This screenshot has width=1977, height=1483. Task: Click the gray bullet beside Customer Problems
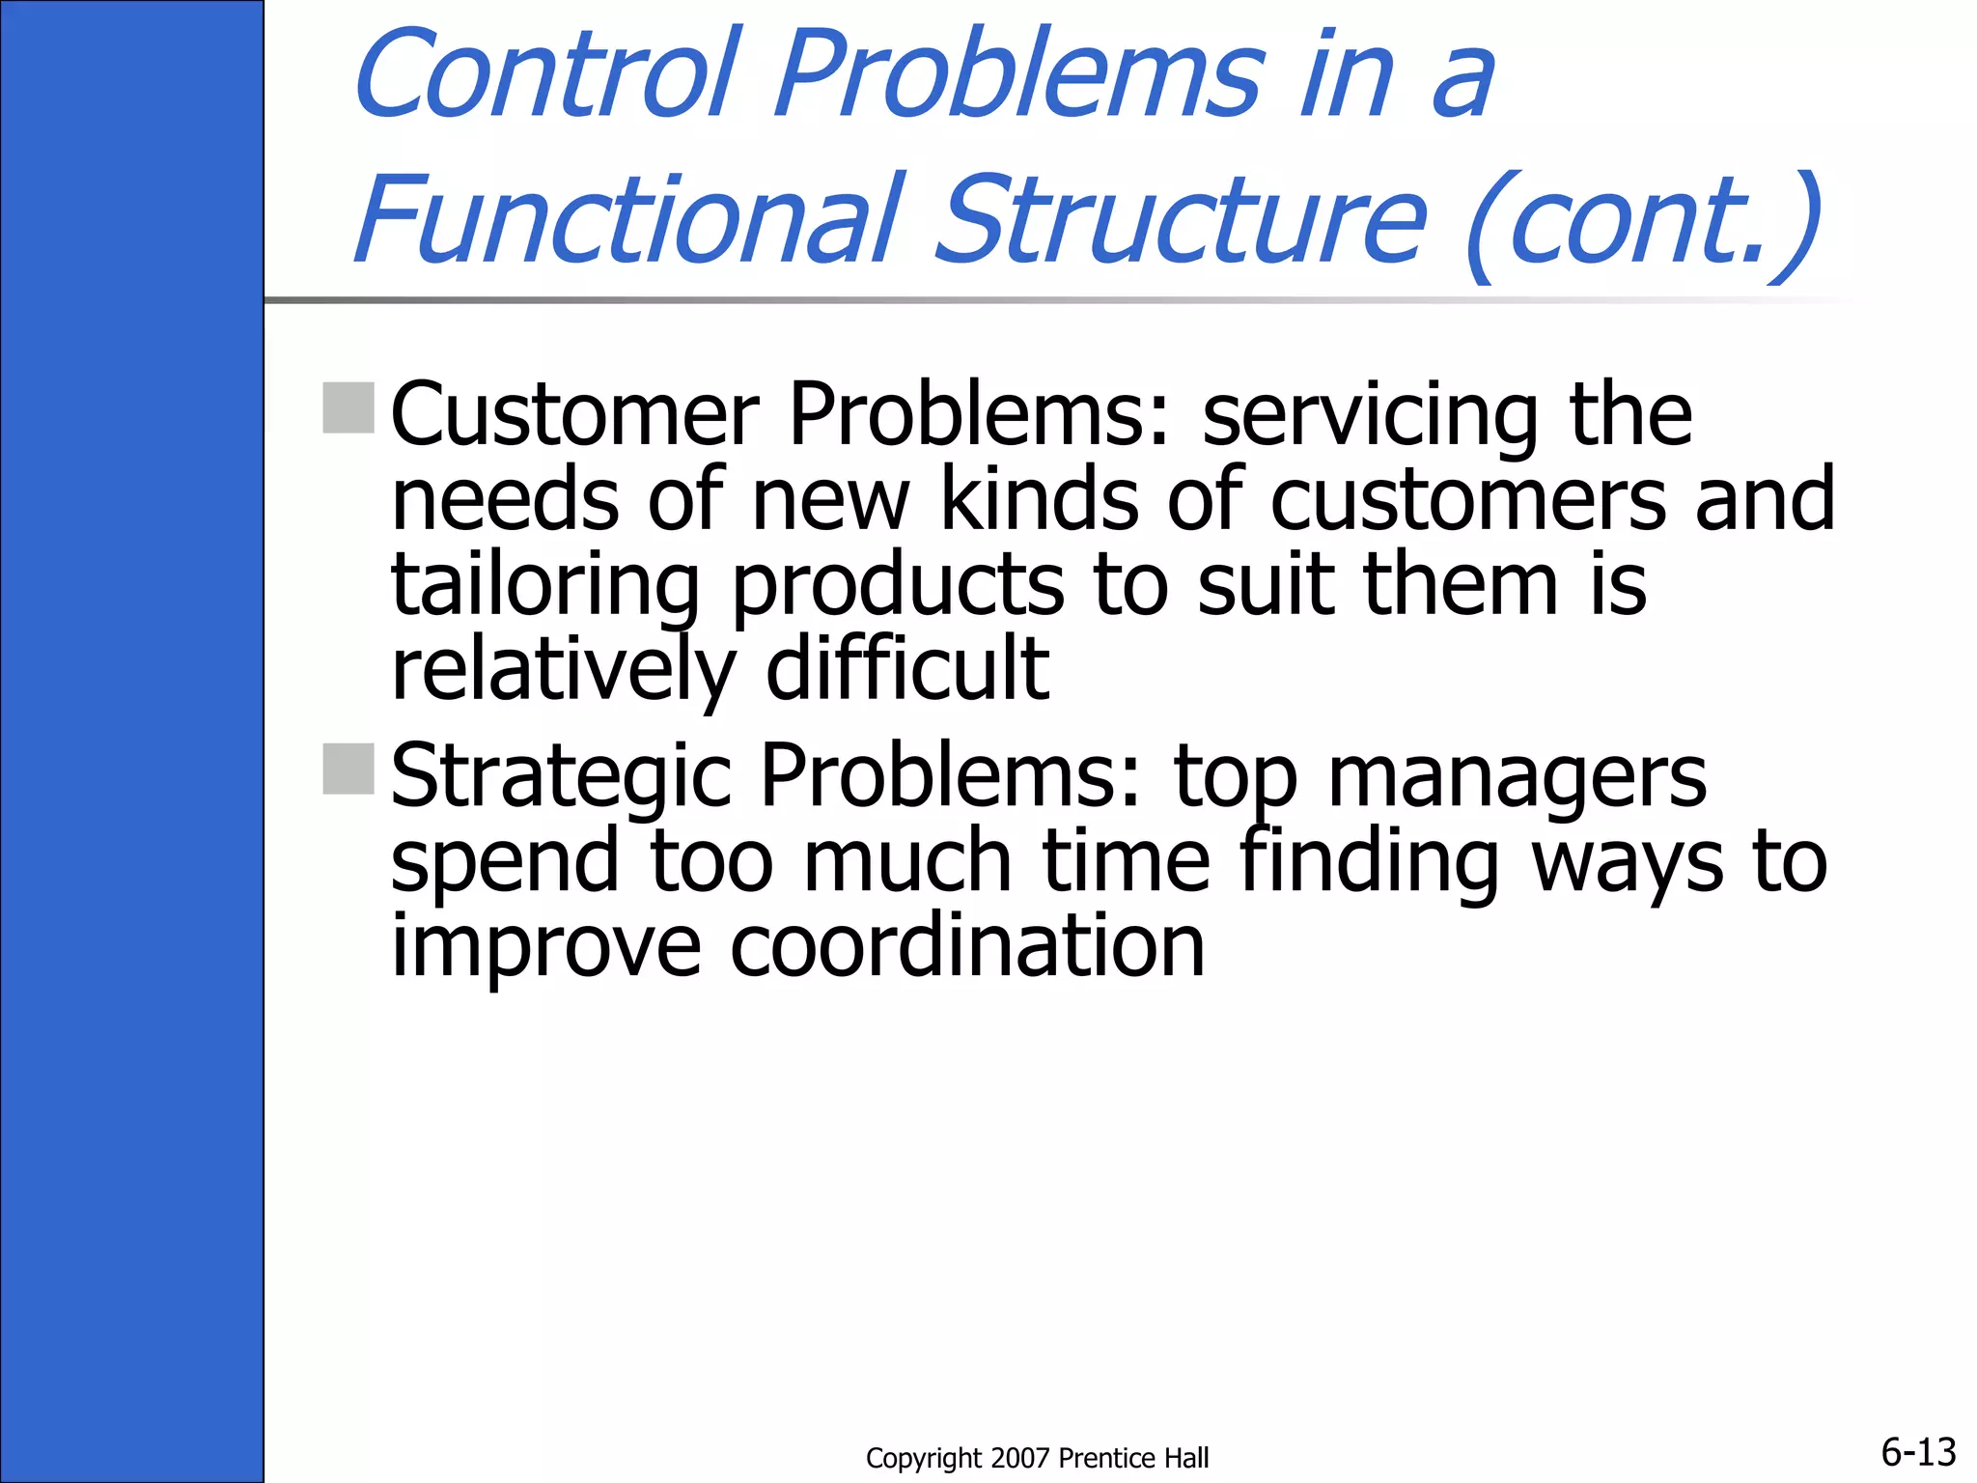[348, 407]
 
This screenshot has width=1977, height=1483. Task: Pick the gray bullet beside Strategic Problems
[348, 769]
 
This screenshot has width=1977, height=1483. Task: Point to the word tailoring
[544, 586]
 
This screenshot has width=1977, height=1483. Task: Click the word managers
[1517, 778]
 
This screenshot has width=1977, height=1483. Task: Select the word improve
[545, 948]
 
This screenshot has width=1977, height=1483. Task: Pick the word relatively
[563, 670]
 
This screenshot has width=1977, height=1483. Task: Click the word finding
[1369, 861]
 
